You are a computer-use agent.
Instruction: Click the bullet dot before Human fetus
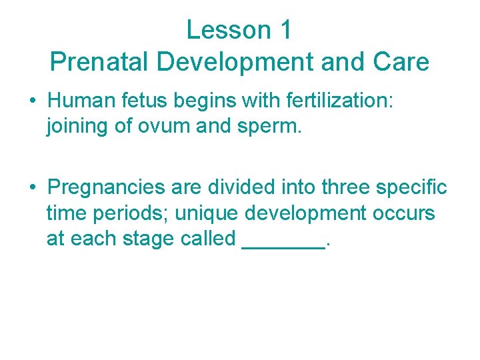coord(33,101)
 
